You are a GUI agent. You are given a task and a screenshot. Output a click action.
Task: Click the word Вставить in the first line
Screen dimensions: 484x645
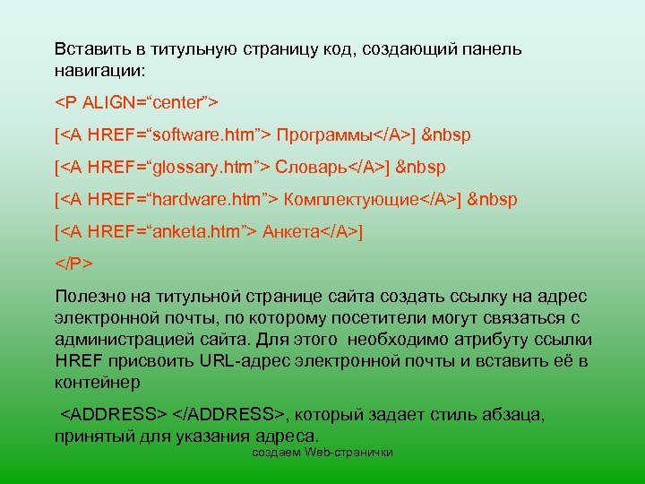click(83, 49)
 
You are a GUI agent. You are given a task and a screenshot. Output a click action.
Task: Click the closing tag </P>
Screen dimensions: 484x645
click(73, 264)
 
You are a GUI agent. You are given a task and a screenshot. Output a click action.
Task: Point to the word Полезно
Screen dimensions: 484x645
click(89, 297)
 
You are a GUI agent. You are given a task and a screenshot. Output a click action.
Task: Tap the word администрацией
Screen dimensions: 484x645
click(116, 340)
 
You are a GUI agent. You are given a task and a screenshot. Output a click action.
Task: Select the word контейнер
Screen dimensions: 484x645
click(97, 383)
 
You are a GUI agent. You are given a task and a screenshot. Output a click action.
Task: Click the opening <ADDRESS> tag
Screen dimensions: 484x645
click(113, 415)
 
